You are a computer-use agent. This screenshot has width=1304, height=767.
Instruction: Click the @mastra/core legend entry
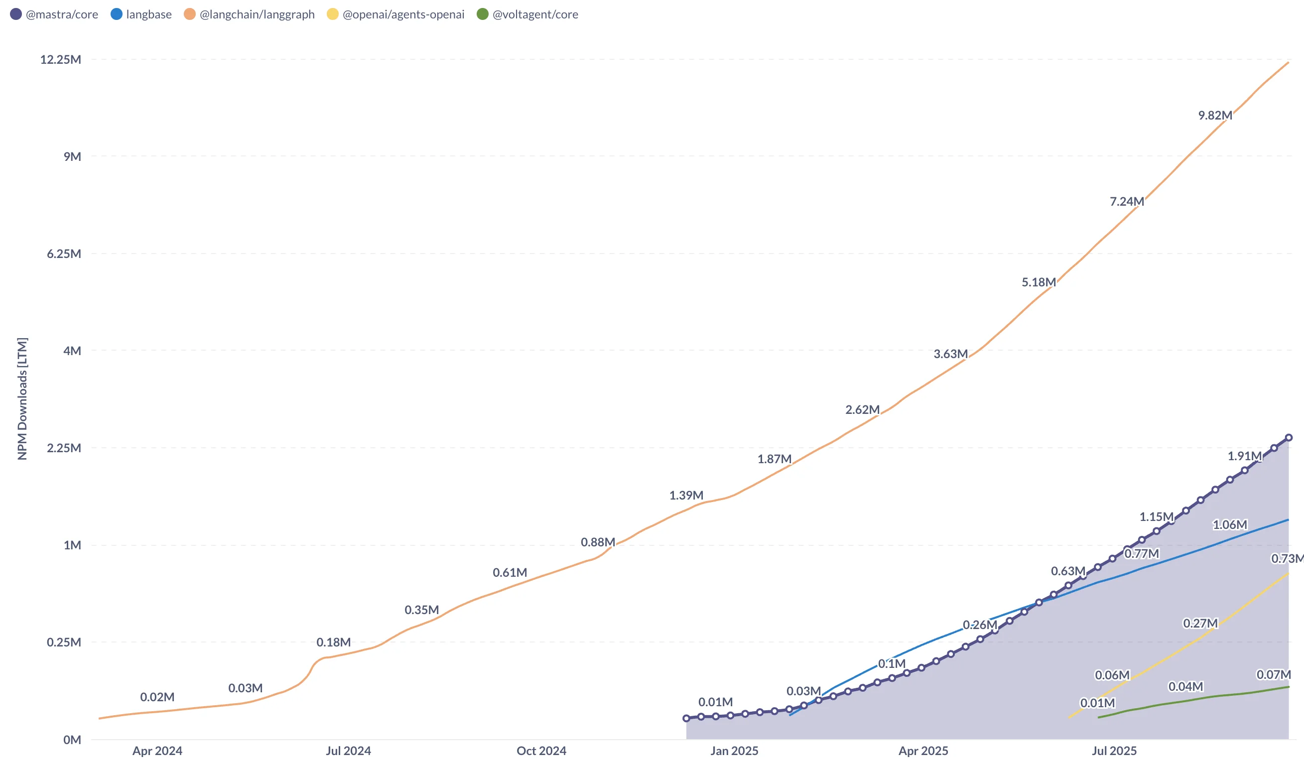tap(54, 14)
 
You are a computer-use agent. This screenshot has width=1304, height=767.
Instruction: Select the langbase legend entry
tap(141, 14)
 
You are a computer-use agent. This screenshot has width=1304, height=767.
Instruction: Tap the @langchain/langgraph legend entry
tap(250, 14)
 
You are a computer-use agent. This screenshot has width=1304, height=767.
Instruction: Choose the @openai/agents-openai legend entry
tap(396, 14)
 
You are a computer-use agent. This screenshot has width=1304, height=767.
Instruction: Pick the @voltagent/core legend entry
tap(528, 14)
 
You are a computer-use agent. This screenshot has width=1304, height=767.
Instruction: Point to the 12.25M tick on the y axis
tap(61, 60)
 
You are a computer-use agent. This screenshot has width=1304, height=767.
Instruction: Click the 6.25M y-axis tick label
tap(64, 254)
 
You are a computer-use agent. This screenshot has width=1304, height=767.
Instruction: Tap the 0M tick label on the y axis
tap(72, 740)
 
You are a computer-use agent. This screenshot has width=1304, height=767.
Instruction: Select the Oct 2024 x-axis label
tap(541, 751)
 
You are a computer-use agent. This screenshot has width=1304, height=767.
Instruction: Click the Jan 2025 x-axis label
tap(734, 751)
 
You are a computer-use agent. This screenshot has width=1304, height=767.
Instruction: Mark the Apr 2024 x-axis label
tap(157, 751)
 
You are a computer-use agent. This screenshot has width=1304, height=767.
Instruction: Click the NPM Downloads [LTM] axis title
tap(22, 398)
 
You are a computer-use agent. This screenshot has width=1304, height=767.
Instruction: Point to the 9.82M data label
tap(1215, 116)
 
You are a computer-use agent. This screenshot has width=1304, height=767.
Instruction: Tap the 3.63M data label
tap(950, 354)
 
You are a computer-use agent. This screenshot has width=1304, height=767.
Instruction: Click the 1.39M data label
tap(686, 495)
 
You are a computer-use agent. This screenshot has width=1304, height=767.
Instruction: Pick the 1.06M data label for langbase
tap(1229, 525)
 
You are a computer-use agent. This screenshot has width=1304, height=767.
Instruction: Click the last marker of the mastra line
tap(1289, 438)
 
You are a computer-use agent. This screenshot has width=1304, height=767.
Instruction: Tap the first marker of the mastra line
tap(686, 718)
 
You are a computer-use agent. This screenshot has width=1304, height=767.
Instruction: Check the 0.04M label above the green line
tap(1185, 687)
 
